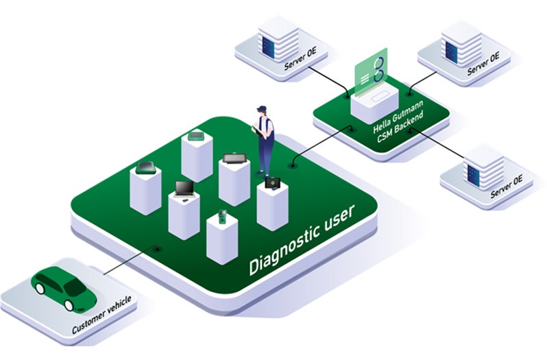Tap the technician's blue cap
[x=261, y=108]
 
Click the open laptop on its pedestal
[x=184, y=189]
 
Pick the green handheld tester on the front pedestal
[x=222, y=215]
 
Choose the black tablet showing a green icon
[x=272, y=183]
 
